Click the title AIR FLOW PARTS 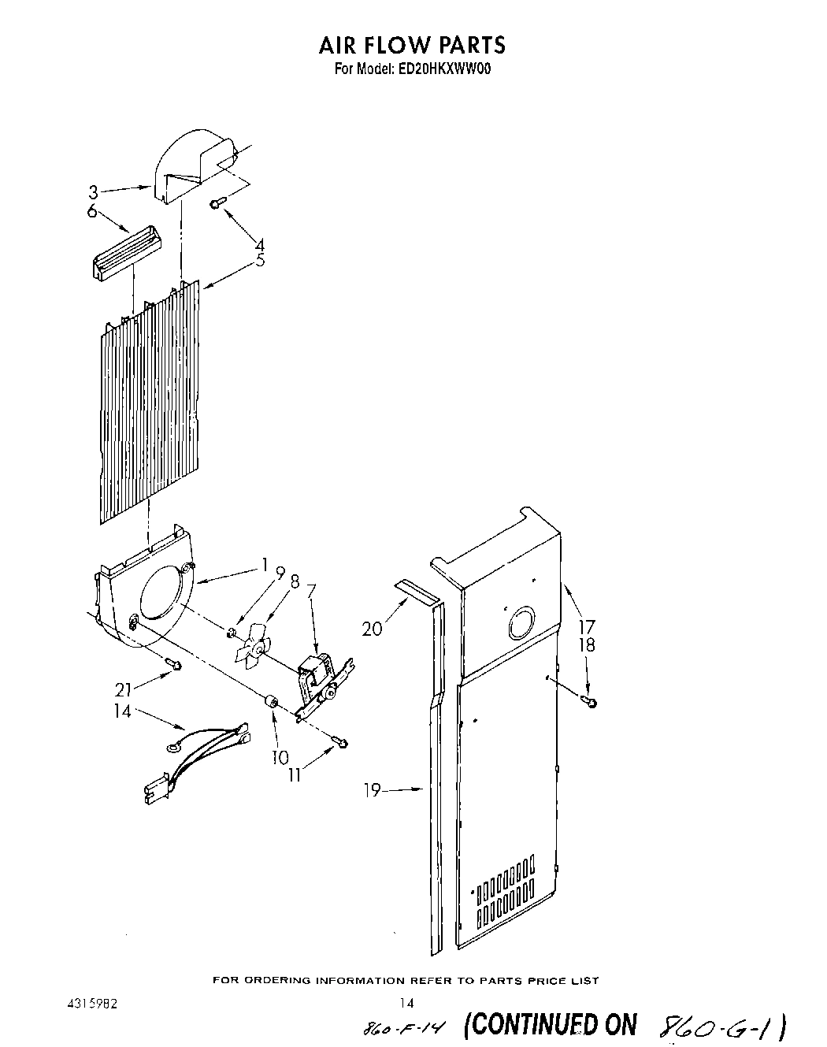pyautogui.click(x=412, y=45)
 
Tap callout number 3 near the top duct pyautogui.click(x=92, y=191)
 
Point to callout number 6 pyautogui.click(x=92, y=211)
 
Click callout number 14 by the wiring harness pyautogui.click(x=122, y=711)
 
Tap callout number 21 pyautogui.click(x=123, y=690)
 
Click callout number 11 pyautogui.click(x=294, y=774)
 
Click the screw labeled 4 pyautogui.click(x=218, y=204)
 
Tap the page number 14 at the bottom pyautogui.click(x=406, y=1004)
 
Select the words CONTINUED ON pyautogui.click(x=550, y=1024)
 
